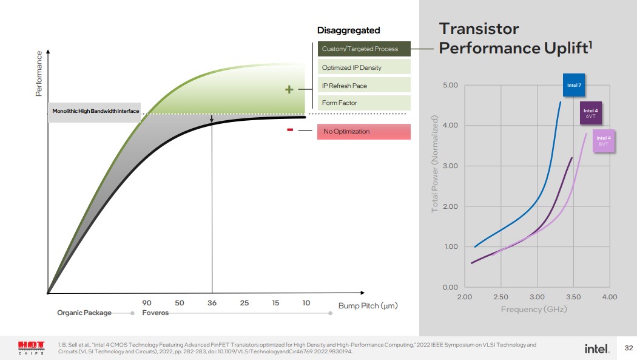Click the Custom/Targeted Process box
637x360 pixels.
click(363, 49)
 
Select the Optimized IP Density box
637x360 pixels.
click(363, 67)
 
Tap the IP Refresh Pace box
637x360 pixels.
click(363, 86)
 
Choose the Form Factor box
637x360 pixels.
click(363, 103)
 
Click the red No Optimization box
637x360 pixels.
click(363, 132)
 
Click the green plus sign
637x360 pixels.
click(289, 90)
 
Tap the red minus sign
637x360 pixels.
click(290, 129)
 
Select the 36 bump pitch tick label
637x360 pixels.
click(212, 303)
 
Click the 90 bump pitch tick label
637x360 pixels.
click(147, 303)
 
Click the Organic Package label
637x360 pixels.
click(84, 313)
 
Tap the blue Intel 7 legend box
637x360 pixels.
click(574, 85)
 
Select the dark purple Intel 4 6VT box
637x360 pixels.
click(590, 113)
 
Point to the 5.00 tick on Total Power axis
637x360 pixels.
click(450, 85)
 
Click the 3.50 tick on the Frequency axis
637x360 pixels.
click(573, 297)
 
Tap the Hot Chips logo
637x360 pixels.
click(32, 348)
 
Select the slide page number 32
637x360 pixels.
click(629, 348)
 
